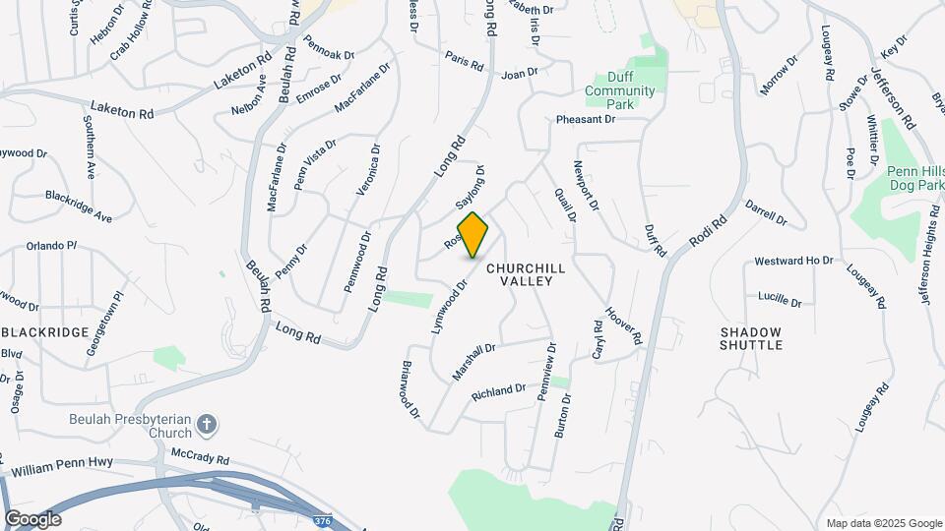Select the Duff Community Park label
coord(619,91)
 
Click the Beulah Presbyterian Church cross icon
coord(206,424)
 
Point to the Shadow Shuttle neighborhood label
coord(751,339)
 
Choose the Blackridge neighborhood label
coord(47,332)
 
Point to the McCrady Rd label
coord(200,458)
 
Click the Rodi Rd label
coord(706,228)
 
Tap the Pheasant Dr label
coord(585,119)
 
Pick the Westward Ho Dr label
coord(793,262)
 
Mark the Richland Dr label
coord(499,391)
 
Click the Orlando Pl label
coord(51,246)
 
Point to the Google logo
coord(32,519)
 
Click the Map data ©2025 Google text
coord(883,523)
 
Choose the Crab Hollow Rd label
coord(135,37)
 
